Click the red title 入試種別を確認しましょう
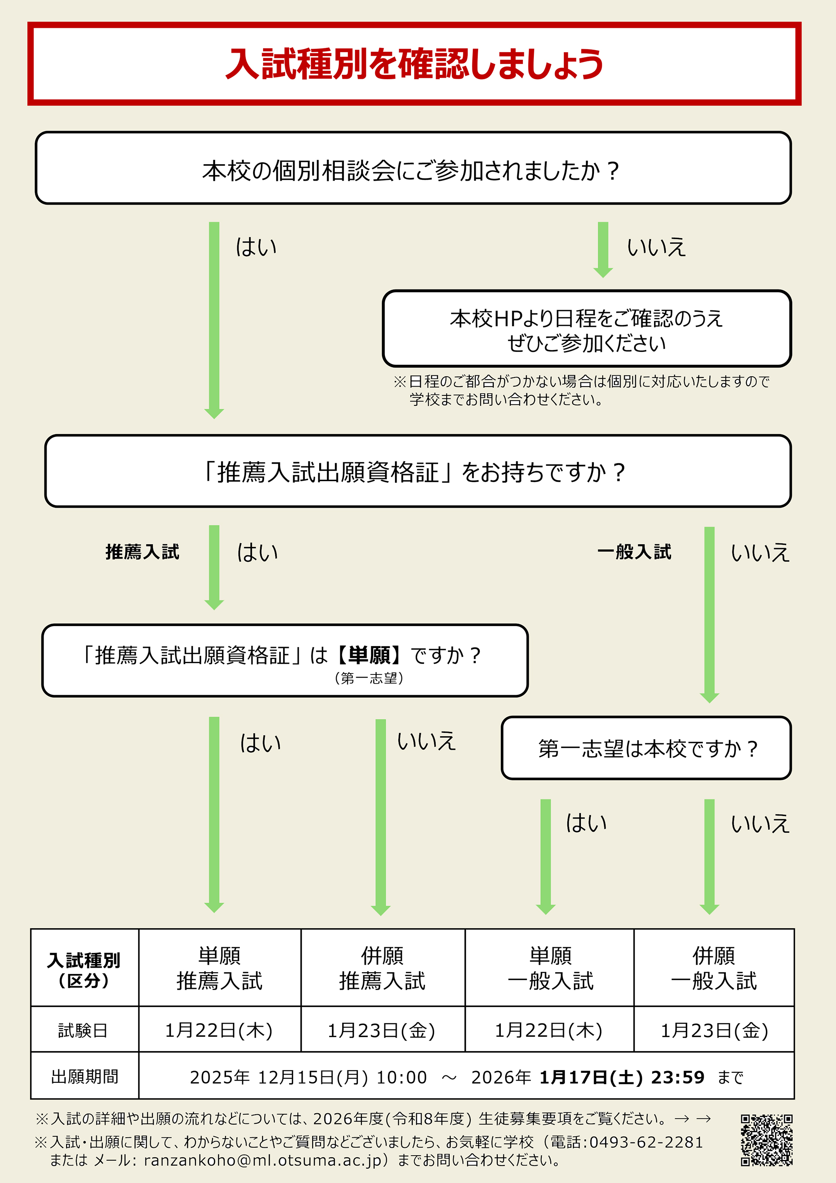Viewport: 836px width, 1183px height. coord(414,64)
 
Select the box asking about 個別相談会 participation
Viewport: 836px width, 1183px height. coord(413,169)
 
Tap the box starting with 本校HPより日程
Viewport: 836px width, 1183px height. coord(586,329)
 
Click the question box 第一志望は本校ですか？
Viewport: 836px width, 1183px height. coord(646,748)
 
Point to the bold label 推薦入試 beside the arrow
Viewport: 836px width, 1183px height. coord(142,552)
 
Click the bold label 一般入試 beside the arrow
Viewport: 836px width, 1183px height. coord(634,552)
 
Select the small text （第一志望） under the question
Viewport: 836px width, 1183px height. coord(369,678)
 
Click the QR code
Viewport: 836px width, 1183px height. coord(766,1140)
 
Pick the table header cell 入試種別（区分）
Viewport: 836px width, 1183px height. coord(84,970)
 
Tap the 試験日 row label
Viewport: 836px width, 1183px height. coord(83,1031)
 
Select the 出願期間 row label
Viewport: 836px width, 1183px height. coord(84,1077)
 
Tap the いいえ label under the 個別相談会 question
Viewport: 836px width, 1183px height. coord(656,247)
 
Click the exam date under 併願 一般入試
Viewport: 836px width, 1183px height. coord(715,1031)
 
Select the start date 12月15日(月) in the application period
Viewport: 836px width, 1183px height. coord(312,1077)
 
